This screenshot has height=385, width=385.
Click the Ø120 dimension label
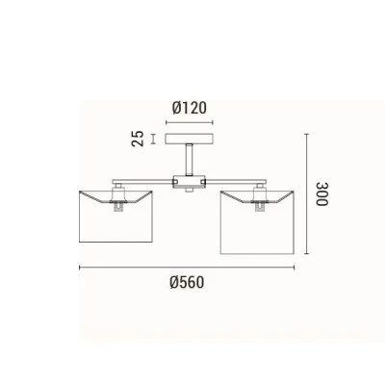[190, 108]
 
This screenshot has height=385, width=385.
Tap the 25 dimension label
[138, 139]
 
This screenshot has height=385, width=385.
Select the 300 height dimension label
[322, 194]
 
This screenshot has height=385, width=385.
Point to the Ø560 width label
[187, 283]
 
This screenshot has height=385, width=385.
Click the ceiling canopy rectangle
[189, 139]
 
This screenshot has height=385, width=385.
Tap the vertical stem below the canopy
[190, 160]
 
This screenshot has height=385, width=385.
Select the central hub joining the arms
[189, 182]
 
